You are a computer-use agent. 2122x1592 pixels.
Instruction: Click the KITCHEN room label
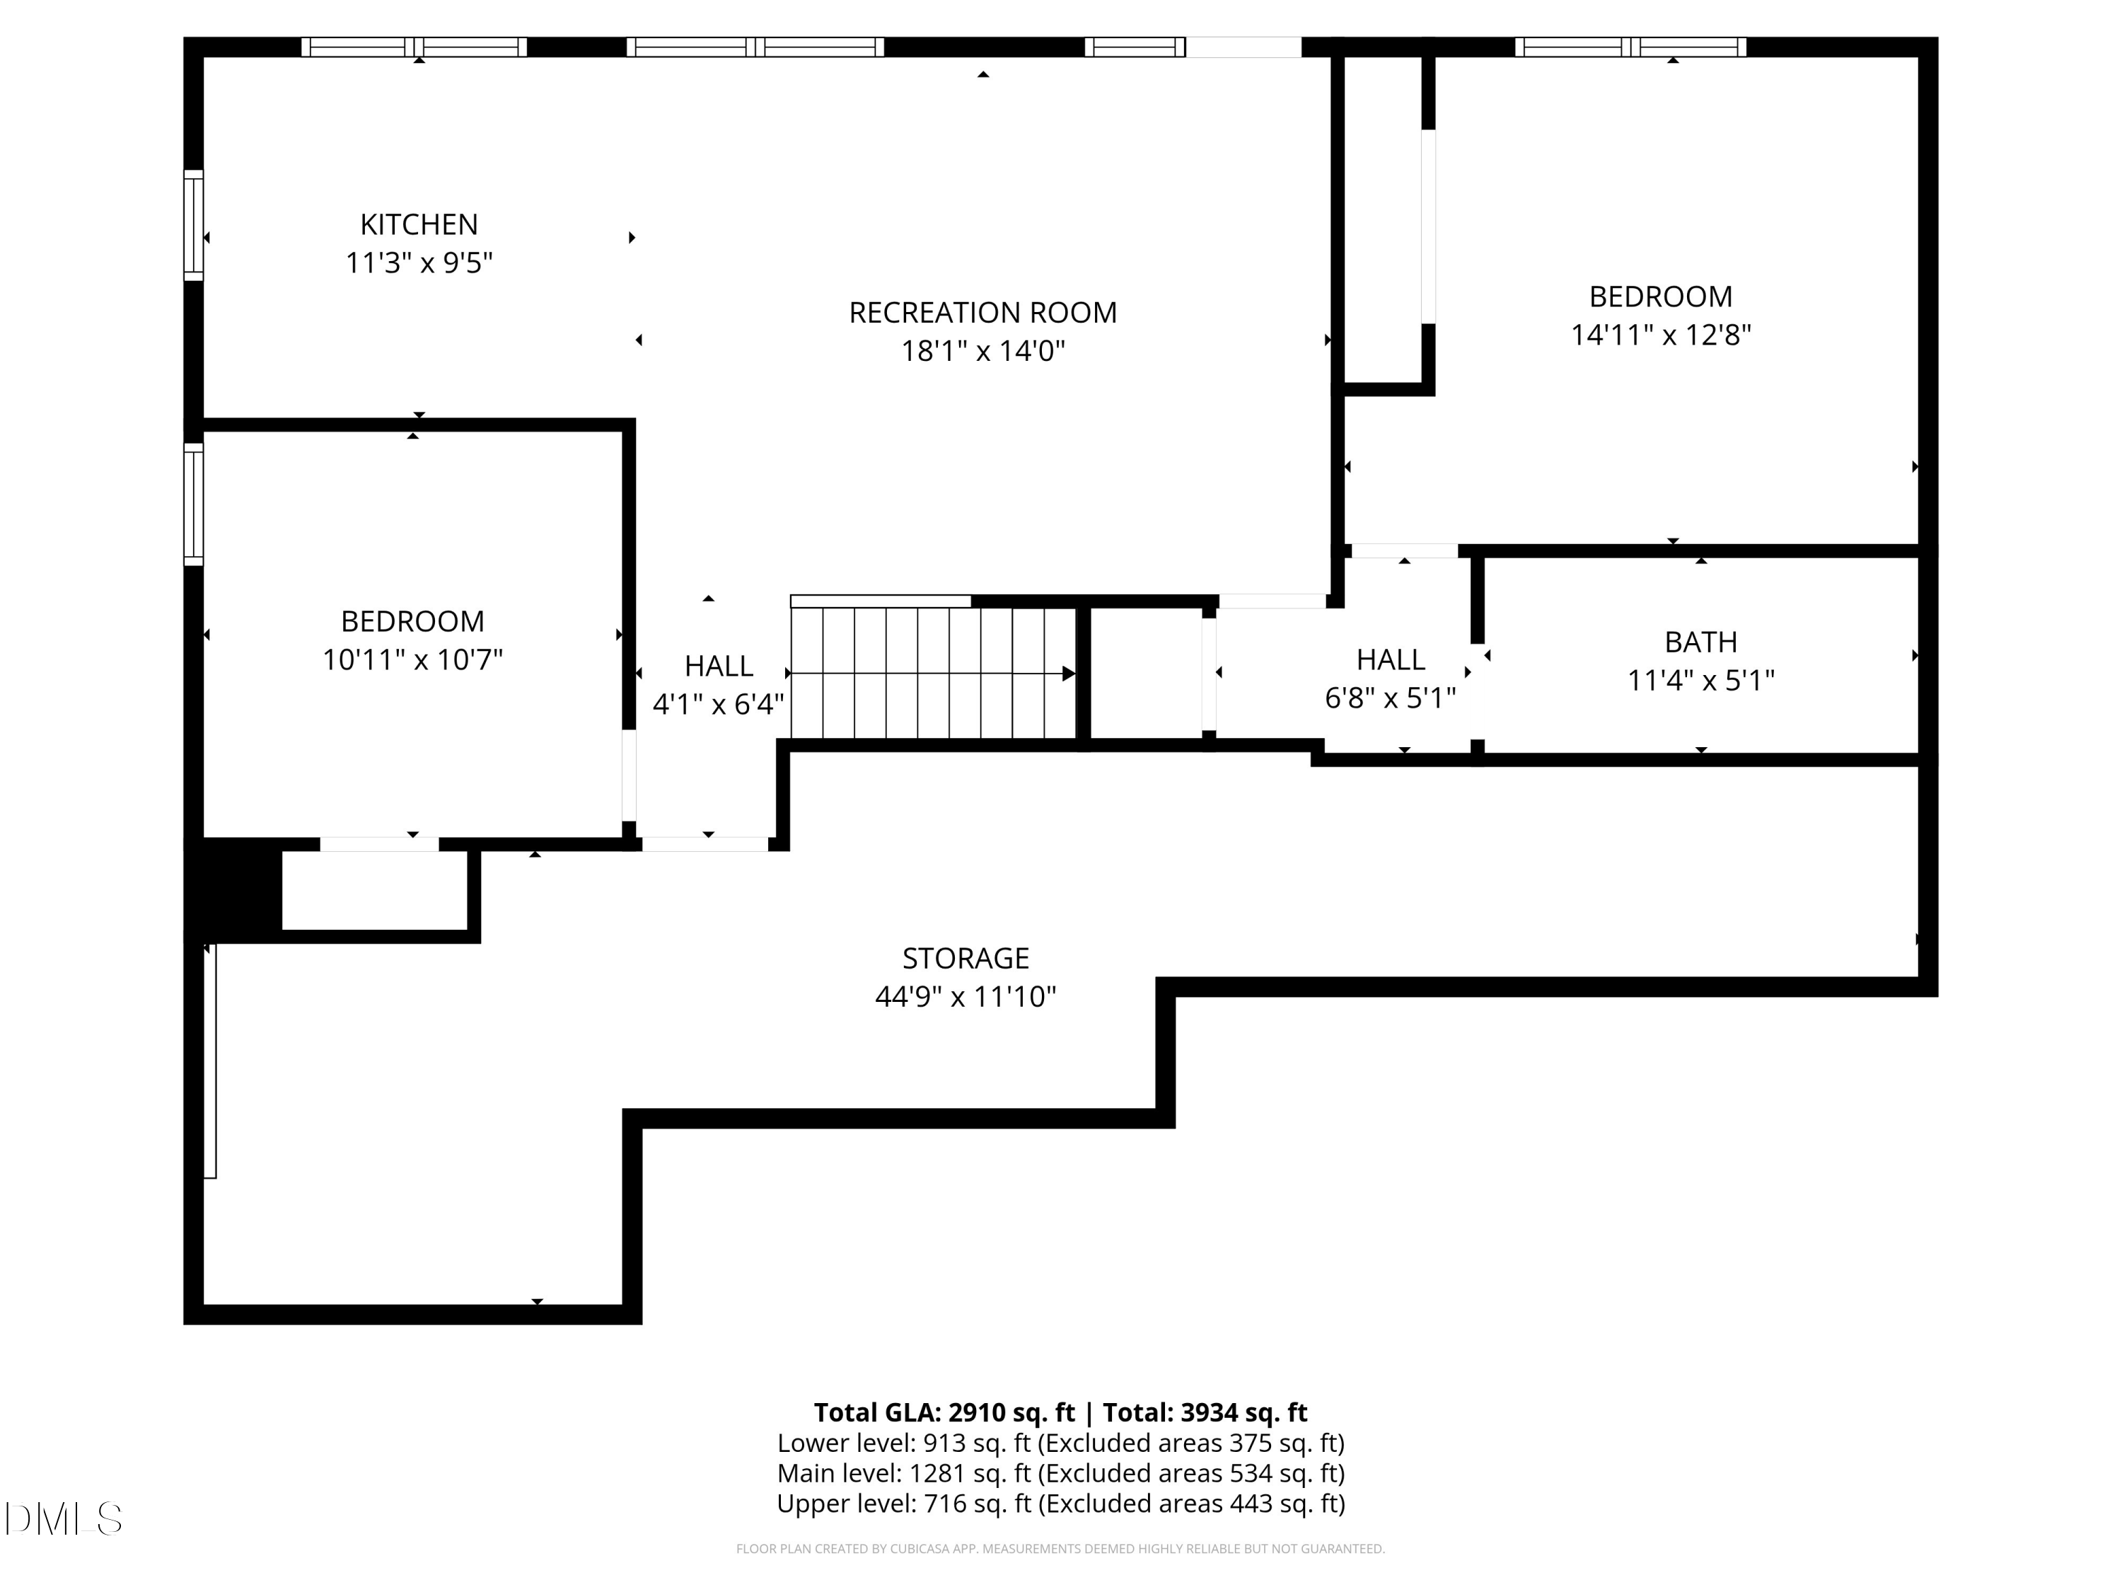tap(418, 224)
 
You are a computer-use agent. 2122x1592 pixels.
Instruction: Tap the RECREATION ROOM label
tap(982, 313)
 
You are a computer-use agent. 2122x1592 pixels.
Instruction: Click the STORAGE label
tap(965, 959)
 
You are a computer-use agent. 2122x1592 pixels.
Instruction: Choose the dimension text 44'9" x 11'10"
tap(965, 997)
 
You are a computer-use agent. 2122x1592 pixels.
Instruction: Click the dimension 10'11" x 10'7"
tap(412, 660)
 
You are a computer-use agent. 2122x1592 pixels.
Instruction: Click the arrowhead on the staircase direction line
tap(1067, 674)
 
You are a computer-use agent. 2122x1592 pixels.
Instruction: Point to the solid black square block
tap(233, 889)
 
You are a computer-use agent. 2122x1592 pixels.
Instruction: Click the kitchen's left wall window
tap(194, 226)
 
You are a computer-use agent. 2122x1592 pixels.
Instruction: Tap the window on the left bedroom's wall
tap(194, 504)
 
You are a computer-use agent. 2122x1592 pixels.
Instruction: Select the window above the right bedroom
tap(1630, 47)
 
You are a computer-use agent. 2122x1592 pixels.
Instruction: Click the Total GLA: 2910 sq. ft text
tap(944, 1412)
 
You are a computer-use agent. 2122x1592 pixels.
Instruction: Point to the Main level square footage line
tap(1060, 1473)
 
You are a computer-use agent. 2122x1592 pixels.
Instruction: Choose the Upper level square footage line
tap(1060, 1504)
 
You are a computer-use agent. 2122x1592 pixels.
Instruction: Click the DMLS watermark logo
tap(64, 1519)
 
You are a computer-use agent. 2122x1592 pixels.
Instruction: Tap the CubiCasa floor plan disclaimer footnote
tap(1060, 1549)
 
